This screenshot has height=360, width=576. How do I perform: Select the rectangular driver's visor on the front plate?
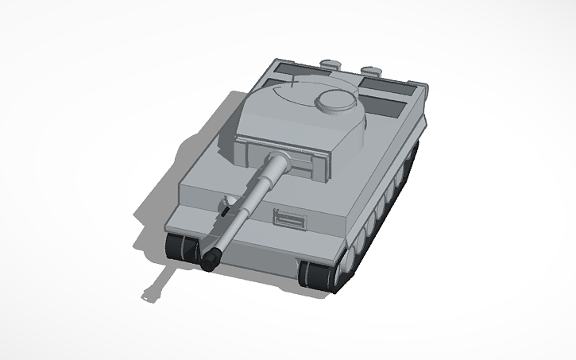(x=290, y=217)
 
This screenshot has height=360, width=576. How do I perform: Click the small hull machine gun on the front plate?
(x=226, y=211)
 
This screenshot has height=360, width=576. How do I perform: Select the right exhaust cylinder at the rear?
(x=371, y=69)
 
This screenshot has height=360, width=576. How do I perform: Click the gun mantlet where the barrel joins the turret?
(x=281, y=163)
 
